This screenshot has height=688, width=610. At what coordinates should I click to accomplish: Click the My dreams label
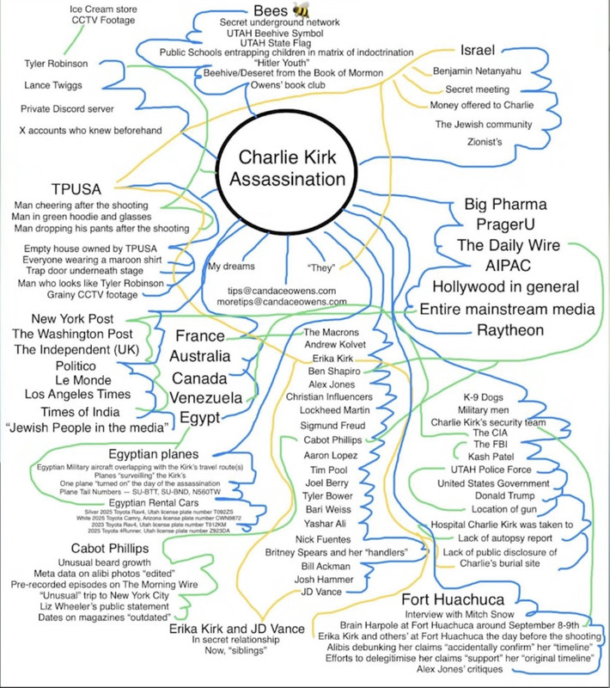click(231, 266)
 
